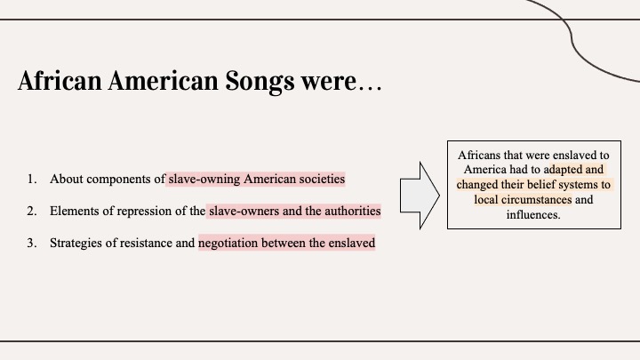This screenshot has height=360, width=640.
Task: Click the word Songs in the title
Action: pyautogui.click(x=260, y=82)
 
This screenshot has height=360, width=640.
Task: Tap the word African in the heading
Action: pyautogui.click(x=60, y=80)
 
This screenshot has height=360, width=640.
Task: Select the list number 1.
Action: pyautogui.click(x=32, y=179)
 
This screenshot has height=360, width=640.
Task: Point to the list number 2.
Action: pyautogui.click(x=32, y=211)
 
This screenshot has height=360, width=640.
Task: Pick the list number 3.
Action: pyautogui.click(x=32, y=243)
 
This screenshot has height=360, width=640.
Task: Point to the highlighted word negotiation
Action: pyautogui.click(x=228, y=244)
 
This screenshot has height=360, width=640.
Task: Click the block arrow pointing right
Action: pyautogui.click(x=420, y=196)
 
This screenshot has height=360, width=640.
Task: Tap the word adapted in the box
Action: pyautogui.click(x=563, y=170)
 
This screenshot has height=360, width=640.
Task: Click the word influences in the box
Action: pyautogui.click(x=533, y=215)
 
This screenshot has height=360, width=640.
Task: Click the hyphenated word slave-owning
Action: pyautogui.click(x=204, y=180)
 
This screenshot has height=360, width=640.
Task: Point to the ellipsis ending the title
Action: pyautogui.click(x=370, y=88)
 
